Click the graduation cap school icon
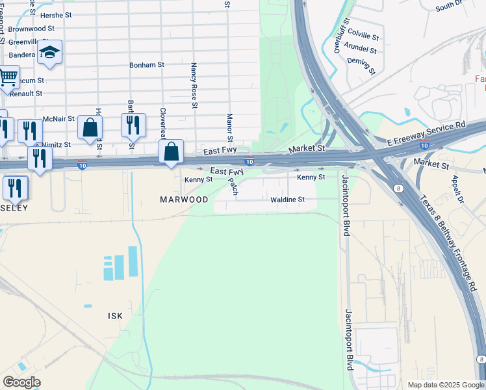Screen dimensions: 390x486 point(49,51)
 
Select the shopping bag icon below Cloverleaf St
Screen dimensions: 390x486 point(171,152)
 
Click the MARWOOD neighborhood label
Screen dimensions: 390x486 point(184,200)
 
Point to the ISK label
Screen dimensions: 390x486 point(114,315)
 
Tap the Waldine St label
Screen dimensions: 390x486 point(288,200)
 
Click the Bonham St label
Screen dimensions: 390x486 point(147,65)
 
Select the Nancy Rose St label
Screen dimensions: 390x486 point(194,85)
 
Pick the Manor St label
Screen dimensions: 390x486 point(229,127)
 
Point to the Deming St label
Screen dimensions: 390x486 point(362,64)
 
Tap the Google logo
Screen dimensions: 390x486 point(21,382)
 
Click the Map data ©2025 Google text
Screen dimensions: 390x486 point(446,385)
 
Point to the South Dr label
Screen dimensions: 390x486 point(448,6)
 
